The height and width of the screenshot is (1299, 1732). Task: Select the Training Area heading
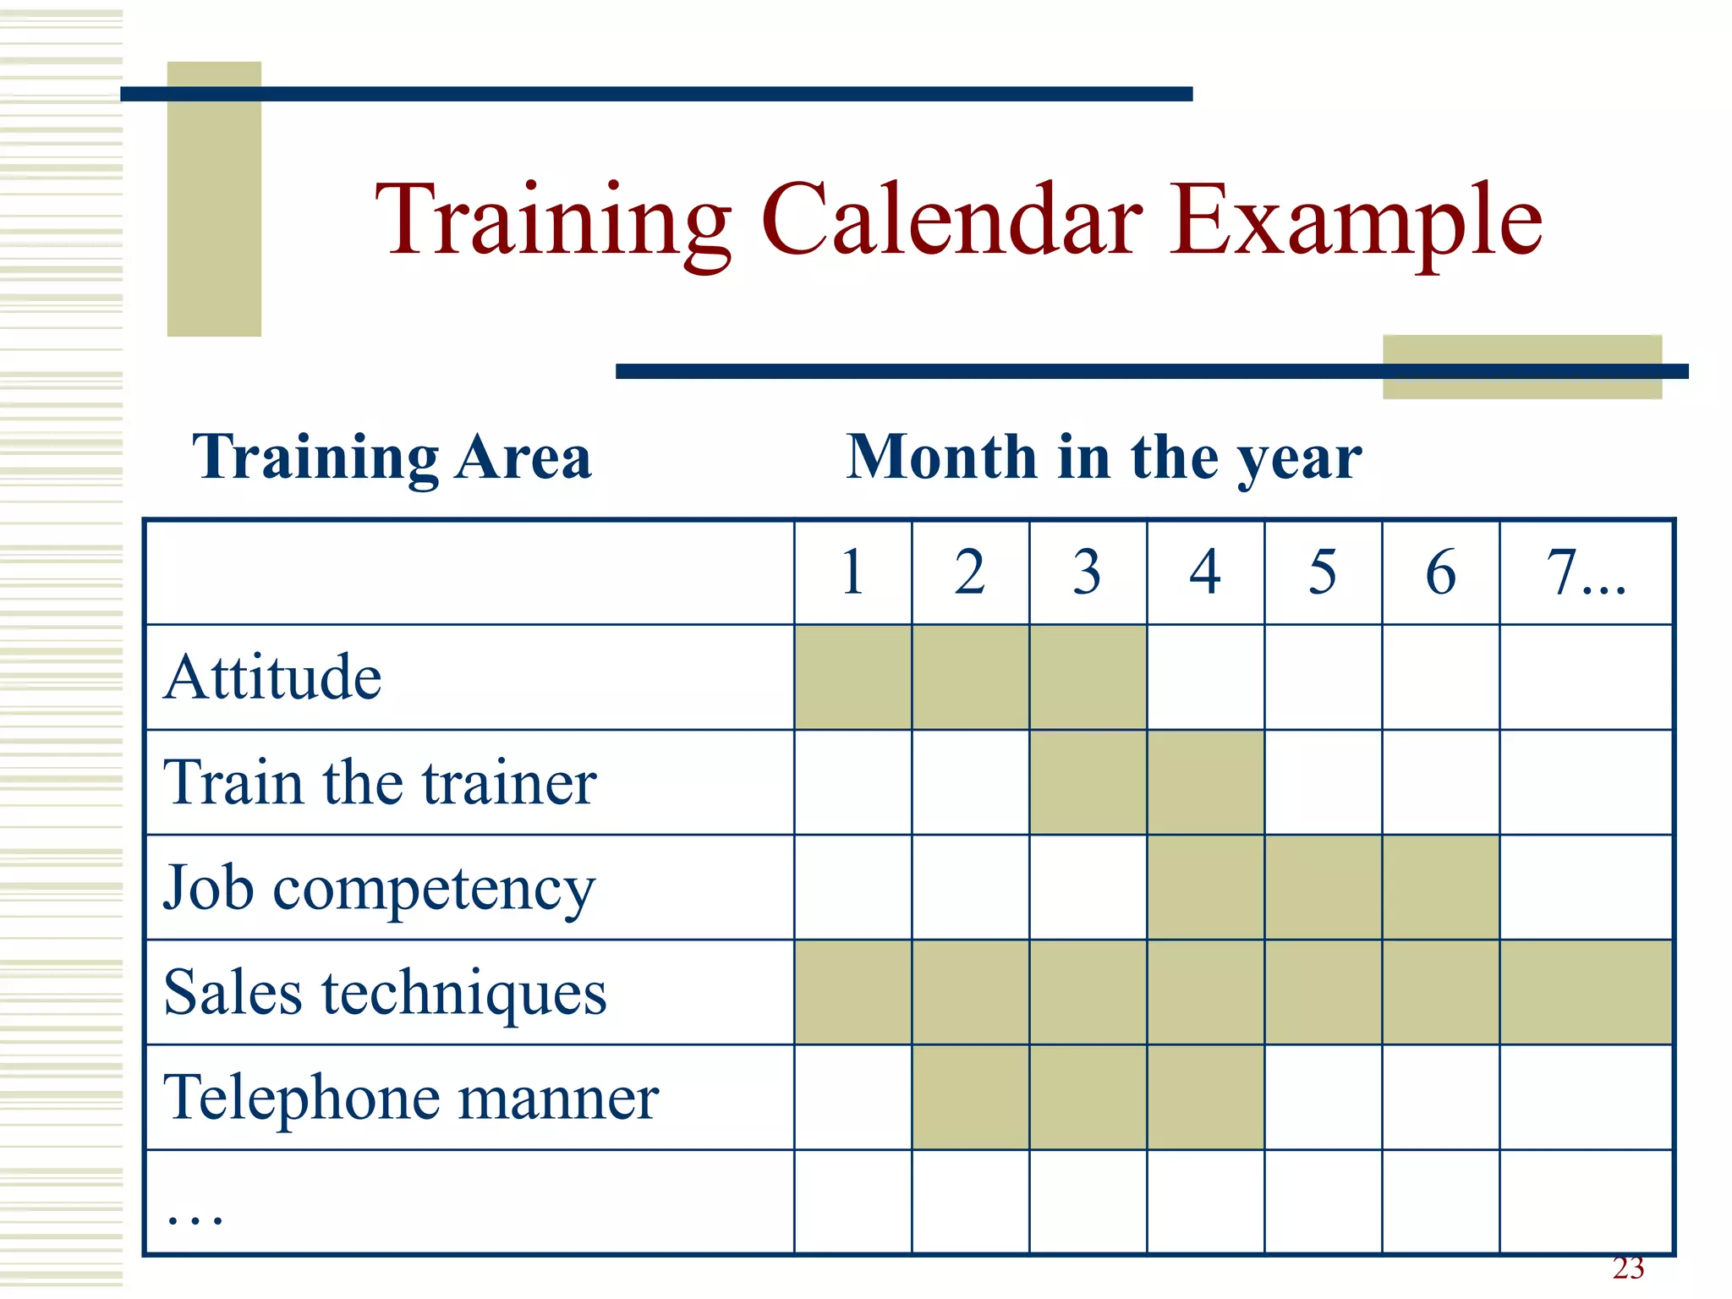coord(392,458)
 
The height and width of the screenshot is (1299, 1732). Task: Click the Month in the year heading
coord(1104,458)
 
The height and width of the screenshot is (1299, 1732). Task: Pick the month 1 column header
coord(852,573)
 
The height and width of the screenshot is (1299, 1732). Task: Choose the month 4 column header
coord(1205,573)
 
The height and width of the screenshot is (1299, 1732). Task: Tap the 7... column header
coord(1586,573)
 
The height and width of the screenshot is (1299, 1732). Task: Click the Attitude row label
coord(272,677)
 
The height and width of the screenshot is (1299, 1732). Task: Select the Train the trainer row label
coord(380,782)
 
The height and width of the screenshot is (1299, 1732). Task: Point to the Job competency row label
coord(379,889)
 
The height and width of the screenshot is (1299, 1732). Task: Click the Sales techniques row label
coord(385,993)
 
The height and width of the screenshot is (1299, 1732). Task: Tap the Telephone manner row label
coord(411,1098)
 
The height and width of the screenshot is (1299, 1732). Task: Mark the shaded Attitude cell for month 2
coord(970,677)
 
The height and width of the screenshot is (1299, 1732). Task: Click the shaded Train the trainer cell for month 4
coord(1205,782)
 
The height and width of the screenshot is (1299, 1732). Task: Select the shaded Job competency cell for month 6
coord(1440,887)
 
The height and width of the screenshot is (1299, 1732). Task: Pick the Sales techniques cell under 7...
coord(1586,992)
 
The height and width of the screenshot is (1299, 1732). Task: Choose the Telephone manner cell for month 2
coord(970,1097)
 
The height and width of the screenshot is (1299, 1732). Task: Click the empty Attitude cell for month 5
coord(1323,677)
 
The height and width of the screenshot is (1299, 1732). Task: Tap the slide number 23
coord(1628,1269)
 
